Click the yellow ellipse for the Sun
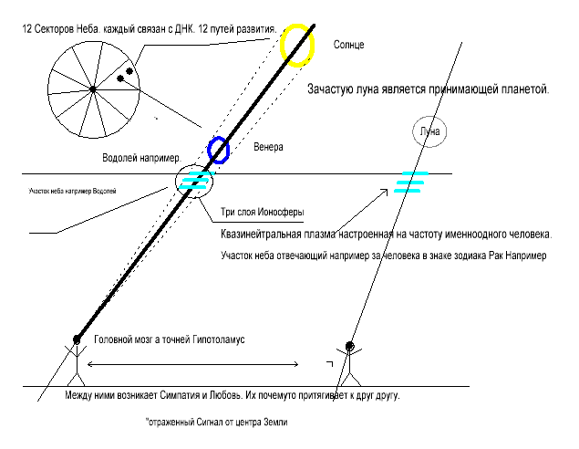tap(298, 45)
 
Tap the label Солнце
tap(350, 43)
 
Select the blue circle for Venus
tap(219, 148)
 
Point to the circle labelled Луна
tap(429, 131)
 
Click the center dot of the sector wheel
tap(93, 89)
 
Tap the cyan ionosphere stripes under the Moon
tap(411, 183)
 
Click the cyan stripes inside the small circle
tap(196, 179)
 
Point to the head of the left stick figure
tap(77, 340)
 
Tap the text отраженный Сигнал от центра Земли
tap(222, 423)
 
